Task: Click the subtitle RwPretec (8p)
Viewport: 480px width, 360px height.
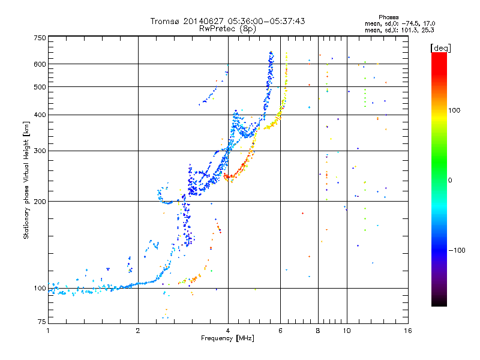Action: [227, 29]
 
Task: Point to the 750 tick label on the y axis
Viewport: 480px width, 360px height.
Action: [40, 38]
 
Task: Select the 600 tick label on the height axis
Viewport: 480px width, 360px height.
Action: [40, 64]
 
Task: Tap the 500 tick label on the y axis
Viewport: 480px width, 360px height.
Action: [40, 87]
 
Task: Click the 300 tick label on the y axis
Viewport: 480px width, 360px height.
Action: [40, 151]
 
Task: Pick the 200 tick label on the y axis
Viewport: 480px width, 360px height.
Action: [40, 202]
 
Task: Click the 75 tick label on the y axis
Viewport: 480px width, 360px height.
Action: [42, 322]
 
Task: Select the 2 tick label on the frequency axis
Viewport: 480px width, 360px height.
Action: [138, 331]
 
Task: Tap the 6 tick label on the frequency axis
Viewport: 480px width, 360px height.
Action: [280, 331]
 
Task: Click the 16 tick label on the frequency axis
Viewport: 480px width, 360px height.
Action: [408, 331]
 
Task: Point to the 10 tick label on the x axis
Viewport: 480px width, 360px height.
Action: [347, 331]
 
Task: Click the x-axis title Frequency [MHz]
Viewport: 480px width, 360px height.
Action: [227, 338]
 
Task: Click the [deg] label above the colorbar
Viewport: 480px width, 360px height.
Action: [440, 48]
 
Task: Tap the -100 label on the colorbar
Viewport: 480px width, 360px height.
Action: [457, 250]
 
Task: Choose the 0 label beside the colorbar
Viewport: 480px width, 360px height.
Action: [450, 181]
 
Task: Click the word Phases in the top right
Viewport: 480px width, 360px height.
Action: [388, 17]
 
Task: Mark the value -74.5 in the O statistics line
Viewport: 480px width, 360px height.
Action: [410, 23]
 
